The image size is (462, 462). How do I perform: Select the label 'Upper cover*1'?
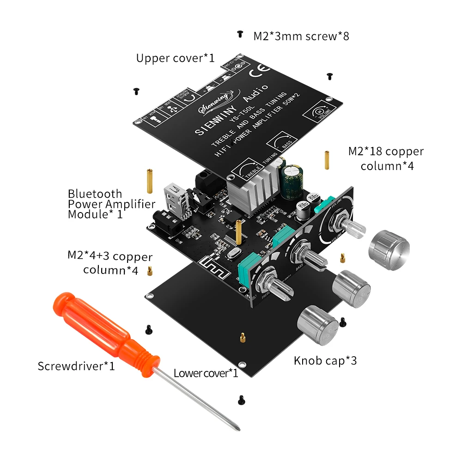[x=176, y=59]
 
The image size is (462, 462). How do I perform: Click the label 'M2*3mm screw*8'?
[x=301, y=36]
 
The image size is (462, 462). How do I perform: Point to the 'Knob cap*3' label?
[x=325, y=361]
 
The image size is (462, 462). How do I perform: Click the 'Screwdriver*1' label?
[x=76, y=366]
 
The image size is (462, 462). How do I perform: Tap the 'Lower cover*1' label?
[x=206, y=373]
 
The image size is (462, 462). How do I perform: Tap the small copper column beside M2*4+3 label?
[x=150, y=271]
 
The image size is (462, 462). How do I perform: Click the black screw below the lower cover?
[x=240, y=399]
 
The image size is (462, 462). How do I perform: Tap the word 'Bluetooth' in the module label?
[x=95, y=194]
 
